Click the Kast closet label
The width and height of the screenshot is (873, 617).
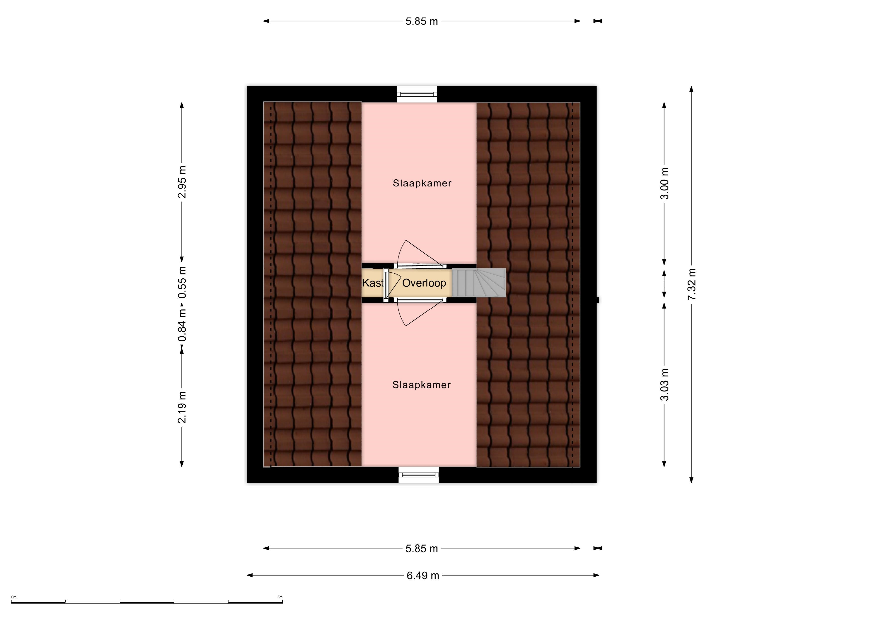tap(373, 283)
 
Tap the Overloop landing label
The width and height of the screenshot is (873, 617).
tap(424, 283)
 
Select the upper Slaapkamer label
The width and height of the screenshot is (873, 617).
tap(422, 183)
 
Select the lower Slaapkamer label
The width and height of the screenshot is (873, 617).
tap(422, 385)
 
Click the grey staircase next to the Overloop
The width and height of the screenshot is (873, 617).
tap(479, 283)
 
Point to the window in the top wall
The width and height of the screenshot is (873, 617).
tap(417, 94)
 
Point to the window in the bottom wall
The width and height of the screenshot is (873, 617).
tap(419, 475)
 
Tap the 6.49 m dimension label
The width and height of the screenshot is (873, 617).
tap(423, 575)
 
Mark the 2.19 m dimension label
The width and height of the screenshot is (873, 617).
tap(182, 407)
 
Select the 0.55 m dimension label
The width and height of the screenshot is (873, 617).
tap(182, 282)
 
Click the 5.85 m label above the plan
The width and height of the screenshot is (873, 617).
tap(422, 21)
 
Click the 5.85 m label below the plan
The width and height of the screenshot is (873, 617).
tap(422, 549)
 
